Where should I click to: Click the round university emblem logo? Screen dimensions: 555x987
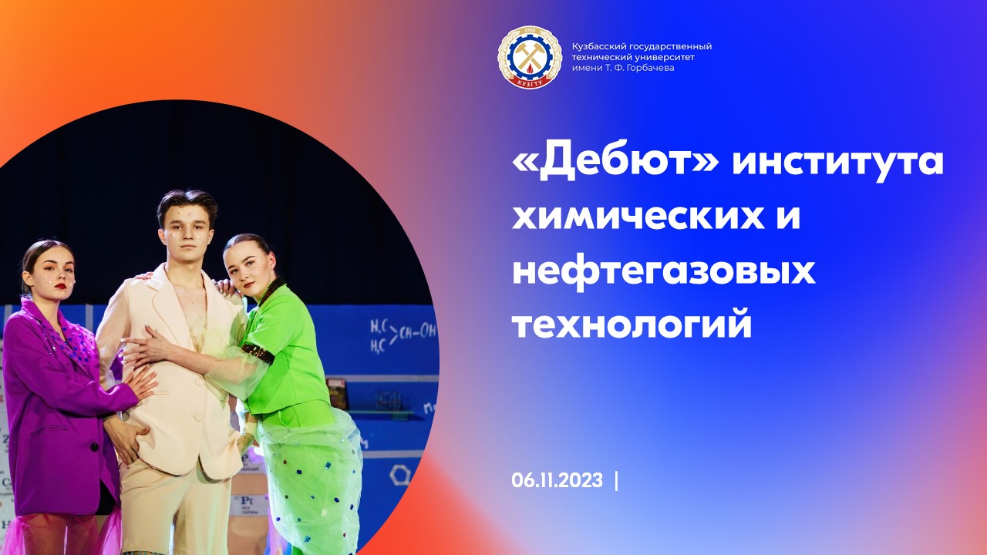tap(529, 57)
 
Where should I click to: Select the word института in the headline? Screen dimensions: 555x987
tap(837, 163)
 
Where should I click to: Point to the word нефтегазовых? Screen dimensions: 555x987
tap(664, 271)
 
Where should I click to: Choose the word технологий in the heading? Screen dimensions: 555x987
tap(632, 325)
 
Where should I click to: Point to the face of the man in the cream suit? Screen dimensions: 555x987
tap(187, 229)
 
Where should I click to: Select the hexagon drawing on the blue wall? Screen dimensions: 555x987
tap(399, 474)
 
